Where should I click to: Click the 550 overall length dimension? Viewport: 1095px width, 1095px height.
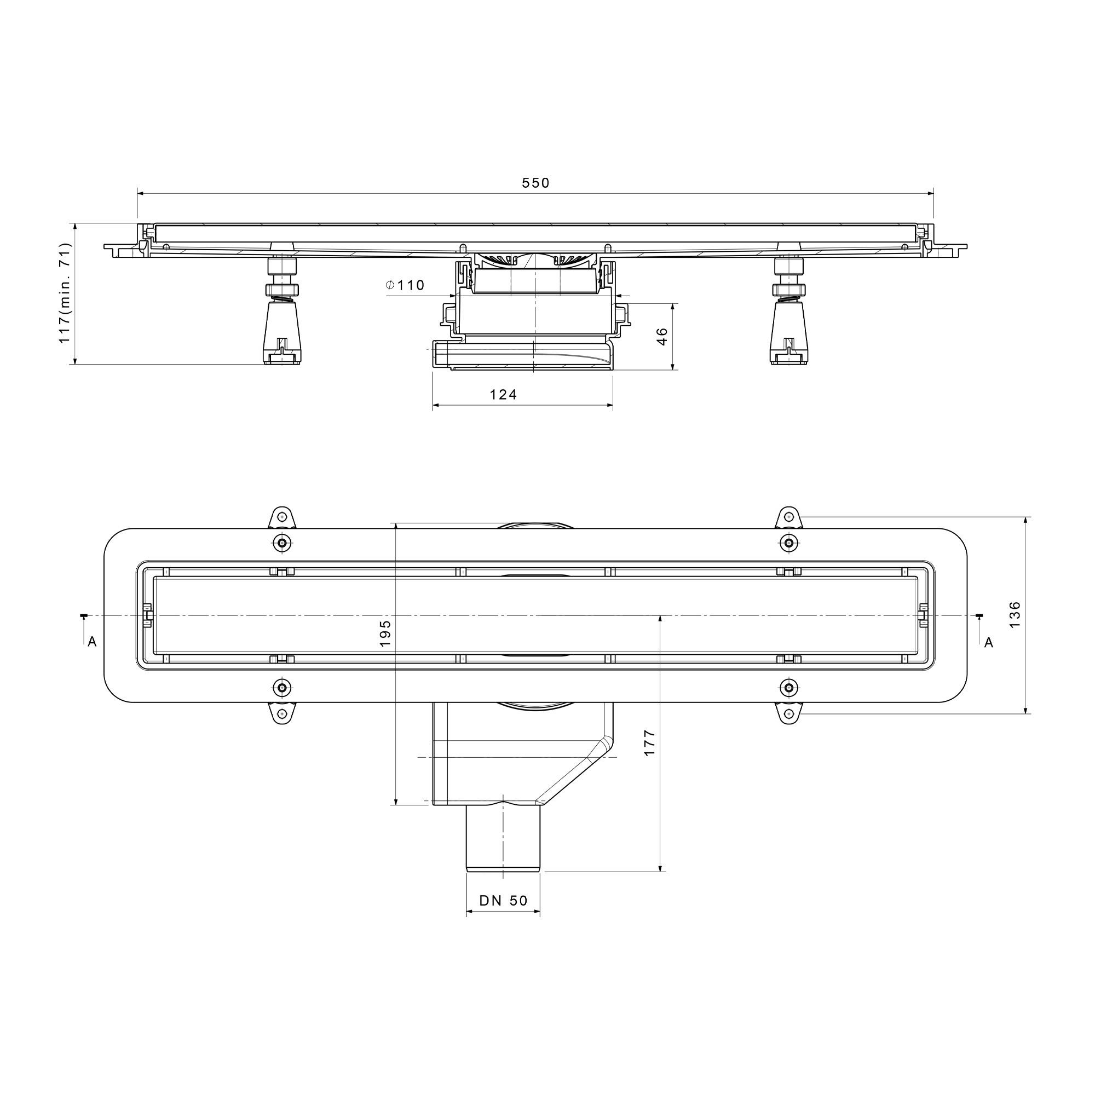point(535,183)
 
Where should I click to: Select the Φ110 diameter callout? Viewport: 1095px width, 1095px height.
point(405,285)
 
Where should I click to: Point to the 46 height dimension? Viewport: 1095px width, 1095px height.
point(662,336)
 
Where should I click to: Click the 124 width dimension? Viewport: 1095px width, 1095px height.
point(503,394)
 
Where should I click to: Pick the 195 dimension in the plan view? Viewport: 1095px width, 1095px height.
point(385,633)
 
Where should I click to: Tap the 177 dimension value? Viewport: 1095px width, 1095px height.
point(649,742)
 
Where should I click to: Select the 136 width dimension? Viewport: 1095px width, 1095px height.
point(1015,614)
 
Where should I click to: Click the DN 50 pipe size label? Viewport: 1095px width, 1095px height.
point(503,901)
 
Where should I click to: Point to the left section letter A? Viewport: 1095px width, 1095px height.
point(92,642)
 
